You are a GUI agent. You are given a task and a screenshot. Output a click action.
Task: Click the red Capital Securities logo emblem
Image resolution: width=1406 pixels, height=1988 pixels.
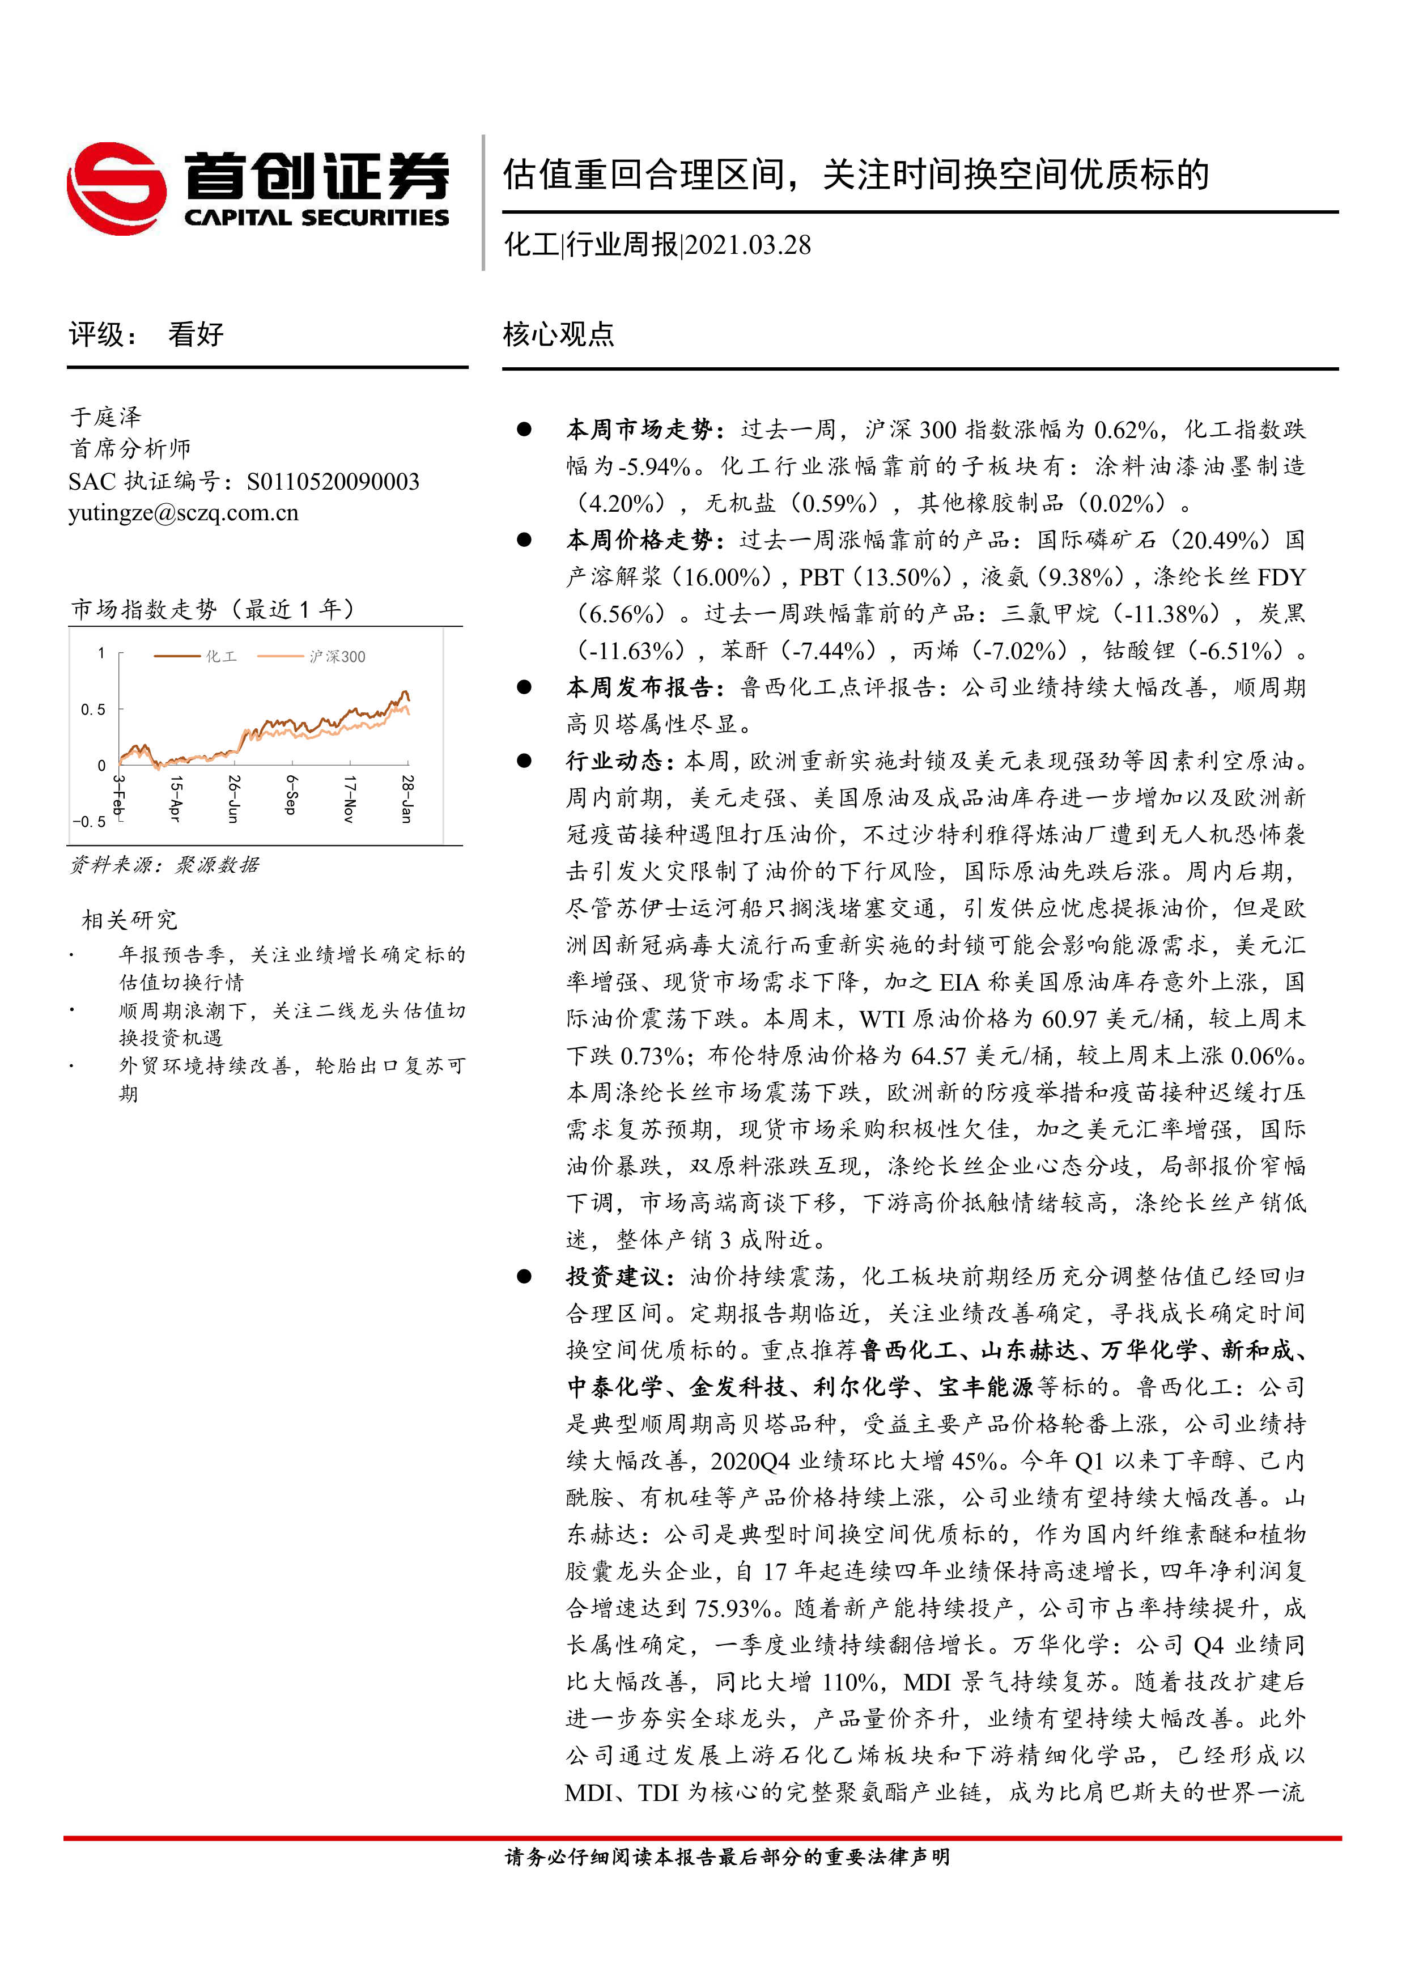117,188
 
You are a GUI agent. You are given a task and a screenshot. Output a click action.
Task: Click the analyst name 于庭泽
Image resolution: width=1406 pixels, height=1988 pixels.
105,417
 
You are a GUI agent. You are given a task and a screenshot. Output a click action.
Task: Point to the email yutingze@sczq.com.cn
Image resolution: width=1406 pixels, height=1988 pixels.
184,513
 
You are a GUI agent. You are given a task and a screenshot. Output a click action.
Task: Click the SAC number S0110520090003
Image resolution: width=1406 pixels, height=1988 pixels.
333,481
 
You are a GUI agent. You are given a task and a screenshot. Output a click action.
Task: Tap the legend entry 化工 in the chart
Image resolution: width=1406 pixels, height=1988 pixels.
221,656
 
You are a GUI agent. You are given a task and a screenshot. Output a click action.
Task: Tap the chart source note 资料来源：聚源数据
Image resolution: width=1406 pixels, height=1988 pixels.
164,864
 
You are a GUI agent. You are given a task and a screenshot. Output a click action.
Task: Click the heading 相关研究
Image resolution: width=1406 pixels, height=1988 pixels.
129,920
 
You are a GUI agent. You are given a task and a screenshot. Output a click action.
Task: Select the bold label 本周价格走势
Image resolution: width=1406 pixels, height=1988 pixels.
639,540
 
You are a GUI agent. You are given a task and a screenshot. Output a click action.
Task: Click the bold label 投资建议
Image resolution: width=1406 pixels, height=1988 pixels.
614,1276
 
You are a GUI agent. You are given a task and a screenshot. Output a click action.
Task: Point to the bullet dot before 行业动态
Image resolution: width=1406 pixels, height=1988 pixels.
524,761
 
